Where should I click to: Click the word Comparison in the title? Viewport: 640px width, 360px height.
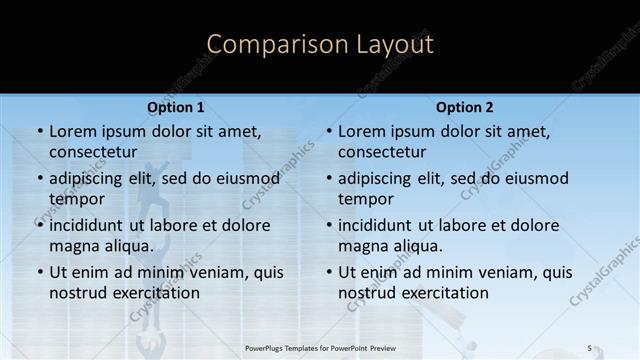tap(270, 45)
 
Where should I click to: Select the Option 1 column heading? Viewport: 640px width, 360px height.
tap(175, 107)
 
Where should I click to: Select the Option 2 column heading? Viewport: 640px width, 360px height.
tap(464, 107)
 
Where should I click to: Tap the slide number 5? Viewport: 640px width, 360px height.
tap(590, 347)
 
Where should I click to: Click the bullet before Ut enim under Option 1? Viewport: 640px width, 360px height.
tap(39, 272)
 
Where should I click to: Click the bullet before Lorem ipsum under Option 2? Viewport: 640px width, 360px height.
tap(328, 131)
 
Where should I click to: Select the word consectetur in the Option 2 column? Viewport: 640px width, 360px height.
tap(382, 152)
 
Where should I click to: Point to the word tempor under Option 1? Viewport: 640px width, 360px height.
tap(76, 199)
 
